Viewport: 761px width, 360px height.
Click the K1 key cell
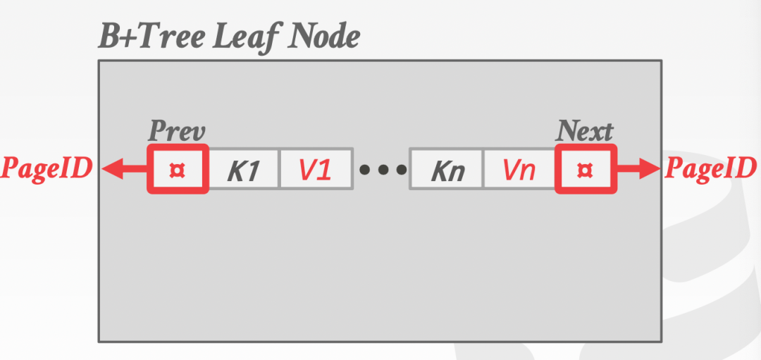coord(244,169)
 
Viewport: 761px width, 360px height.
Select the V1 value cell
coord(316,169)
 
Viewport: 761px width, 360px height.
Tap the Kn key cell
coord(446,169)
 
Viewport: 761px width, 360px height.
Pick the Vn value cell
coord(519,169)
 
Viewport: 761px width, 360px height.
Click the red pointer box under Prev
coord(178,169)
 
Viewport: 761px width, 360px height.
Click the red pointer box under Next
coord(586,169)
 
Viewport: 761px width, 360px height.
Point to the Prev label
coord(176,132)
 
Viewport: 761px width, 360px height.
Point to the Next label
coord(585,131)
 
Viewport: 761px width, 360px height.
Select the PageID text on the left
coord(47,169)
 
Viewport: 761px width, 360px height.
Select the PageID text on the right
coord(710,169)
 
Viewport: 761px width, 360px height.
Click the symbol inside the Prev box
coord(178,170)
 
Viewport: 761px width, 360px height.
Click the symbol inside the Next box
coord(586,170)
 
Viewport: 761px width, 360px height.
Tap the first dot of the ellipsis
coord(366,170)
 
